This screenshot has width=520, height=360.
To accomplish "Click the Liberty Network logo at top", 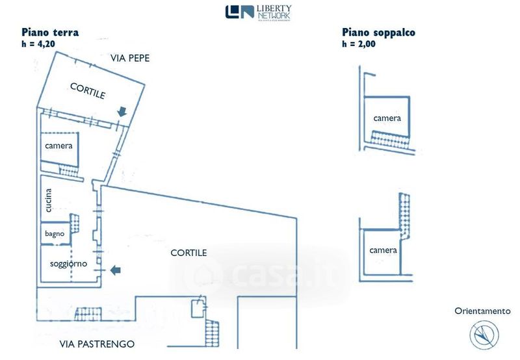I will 258,12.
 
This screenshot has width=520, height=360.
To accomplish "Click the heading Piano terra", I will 51,32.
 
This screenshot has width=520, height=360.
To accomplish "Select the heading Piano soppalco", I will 378,32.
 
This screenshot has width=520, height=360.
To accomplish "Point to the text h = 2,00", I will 359,44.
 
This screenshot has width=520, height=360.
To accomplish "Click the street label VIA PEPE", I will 130,58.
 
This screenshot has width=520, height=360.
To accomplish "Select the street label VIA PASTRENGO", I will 97,344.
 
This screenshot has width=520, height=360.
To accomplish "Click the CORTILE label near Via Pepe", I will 88,91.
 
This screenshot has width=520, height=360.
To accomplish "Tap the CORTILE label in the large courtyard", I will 188,252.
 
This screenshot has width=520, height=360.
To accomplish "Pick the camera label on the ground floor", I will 58,146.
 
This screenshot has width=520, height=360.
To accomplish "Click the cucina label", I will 48,200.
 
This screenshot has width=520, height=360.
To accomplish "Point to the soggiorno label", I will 68,264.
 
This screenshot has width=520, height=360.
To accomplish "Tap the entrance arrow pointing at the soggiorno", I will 115,270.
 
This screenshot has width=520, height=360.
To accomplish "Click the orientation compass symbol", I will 483,335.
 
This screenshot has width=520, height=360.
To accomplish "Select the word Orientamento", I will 482,311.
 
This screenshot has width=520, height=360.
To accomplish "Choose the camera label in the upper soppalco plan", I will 387,118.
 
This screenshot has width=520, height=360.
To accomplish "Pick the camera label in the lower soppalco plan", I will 383,250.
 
